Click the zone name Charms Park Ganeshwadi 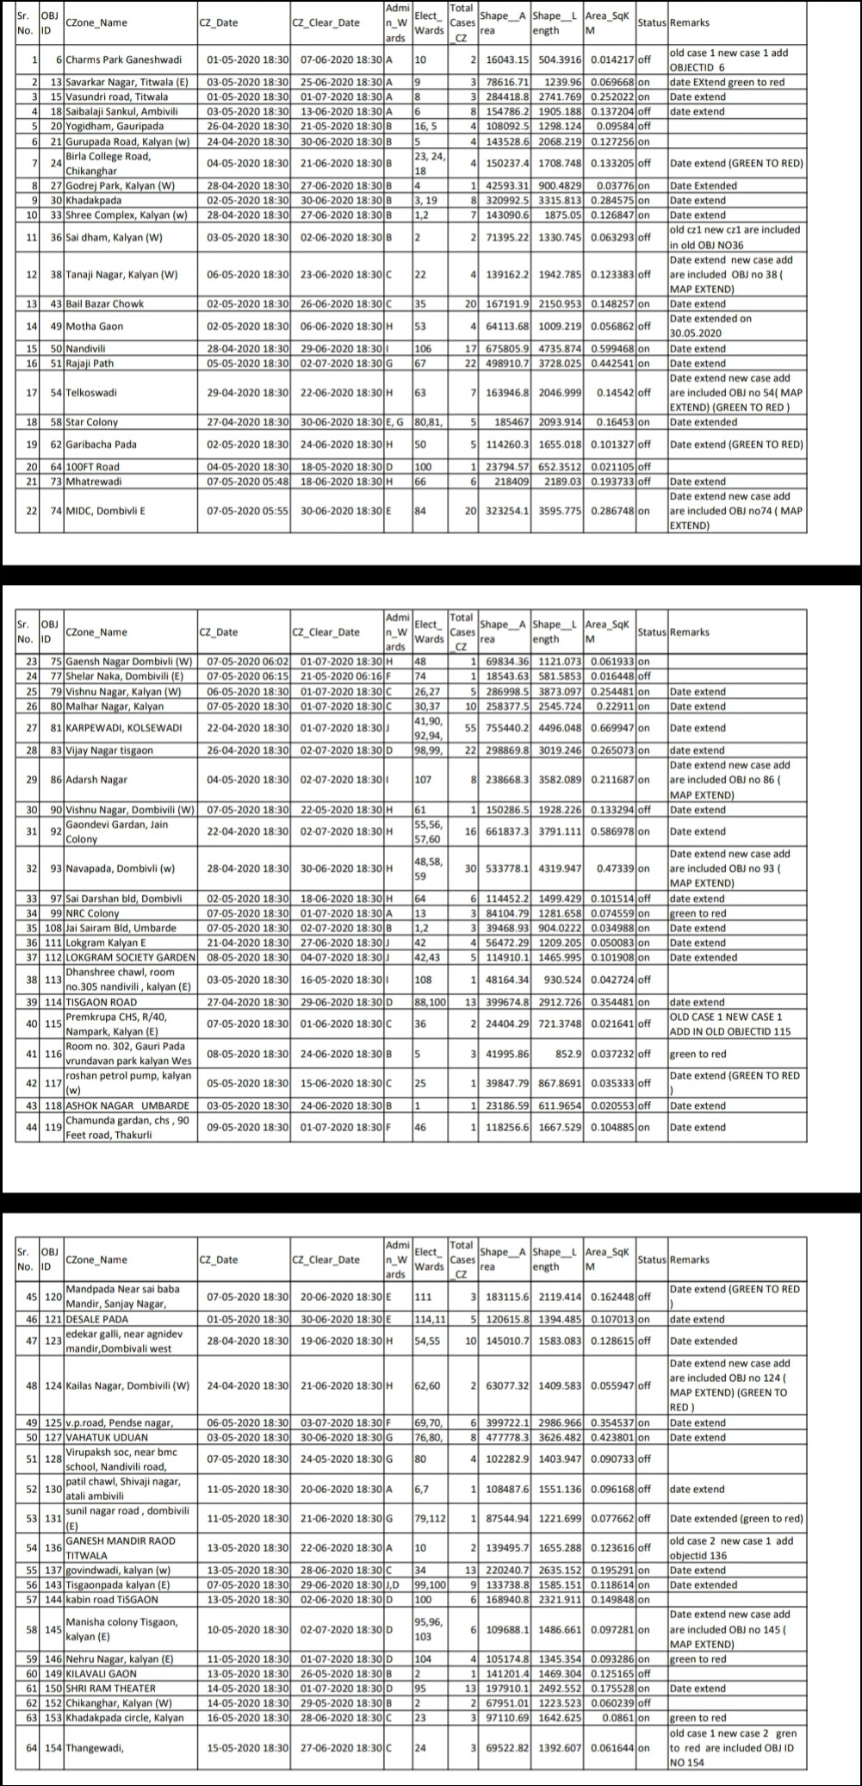pyautogui.click(x=124, y=60)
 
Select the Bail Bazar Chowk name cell pyautogui.click(x=105, y=304)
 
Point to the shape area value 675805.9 pyautogui.click(x=504, y=349)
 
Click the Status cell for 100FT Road pyautogui.click(x=643, y=467)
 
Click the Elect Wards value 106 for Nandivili pyautogui.click(x=423, y=349)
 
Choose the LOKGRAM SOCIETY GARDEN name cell pyautogui.click(x=130, y=957)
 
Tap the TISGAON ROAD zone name pyautogui.click(x=101, y=1002)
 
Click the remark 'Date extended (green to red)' pyautogui.click(x=735, y=1519)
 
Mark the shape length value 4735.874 pyautogui.click(x=556, y=349)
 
